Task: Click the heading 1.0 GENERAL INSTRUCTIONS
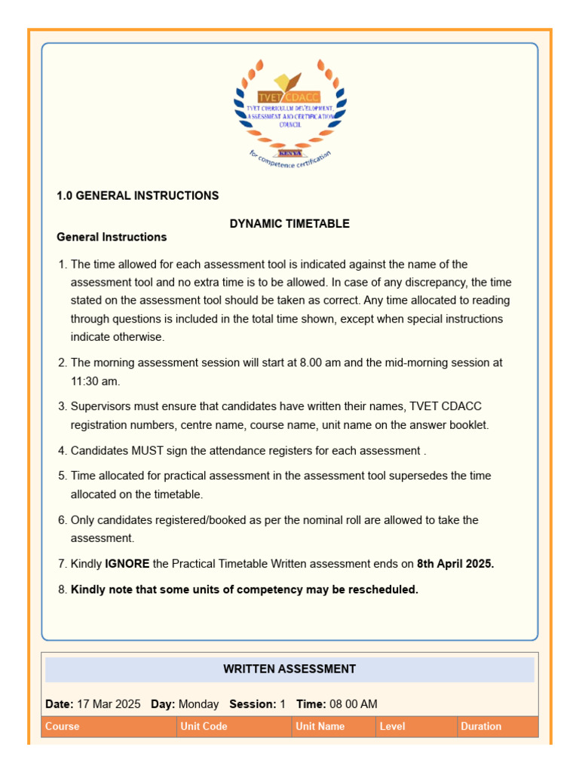coord(138,196)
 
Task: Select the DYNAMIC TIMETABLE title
coord(289,224)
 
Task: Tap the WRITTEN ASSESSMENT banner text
coord(289,669)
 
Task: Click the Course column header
coord(63,727)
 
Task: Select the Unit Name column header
coord(320,727)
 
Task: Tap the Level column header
coord(393,727)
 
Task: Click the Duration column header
coord(481,727)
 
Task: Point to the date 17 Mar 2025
coord(109,704)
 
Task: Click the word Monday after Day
coord(198,704)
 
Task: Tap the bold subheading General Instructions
coord(112,237)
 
